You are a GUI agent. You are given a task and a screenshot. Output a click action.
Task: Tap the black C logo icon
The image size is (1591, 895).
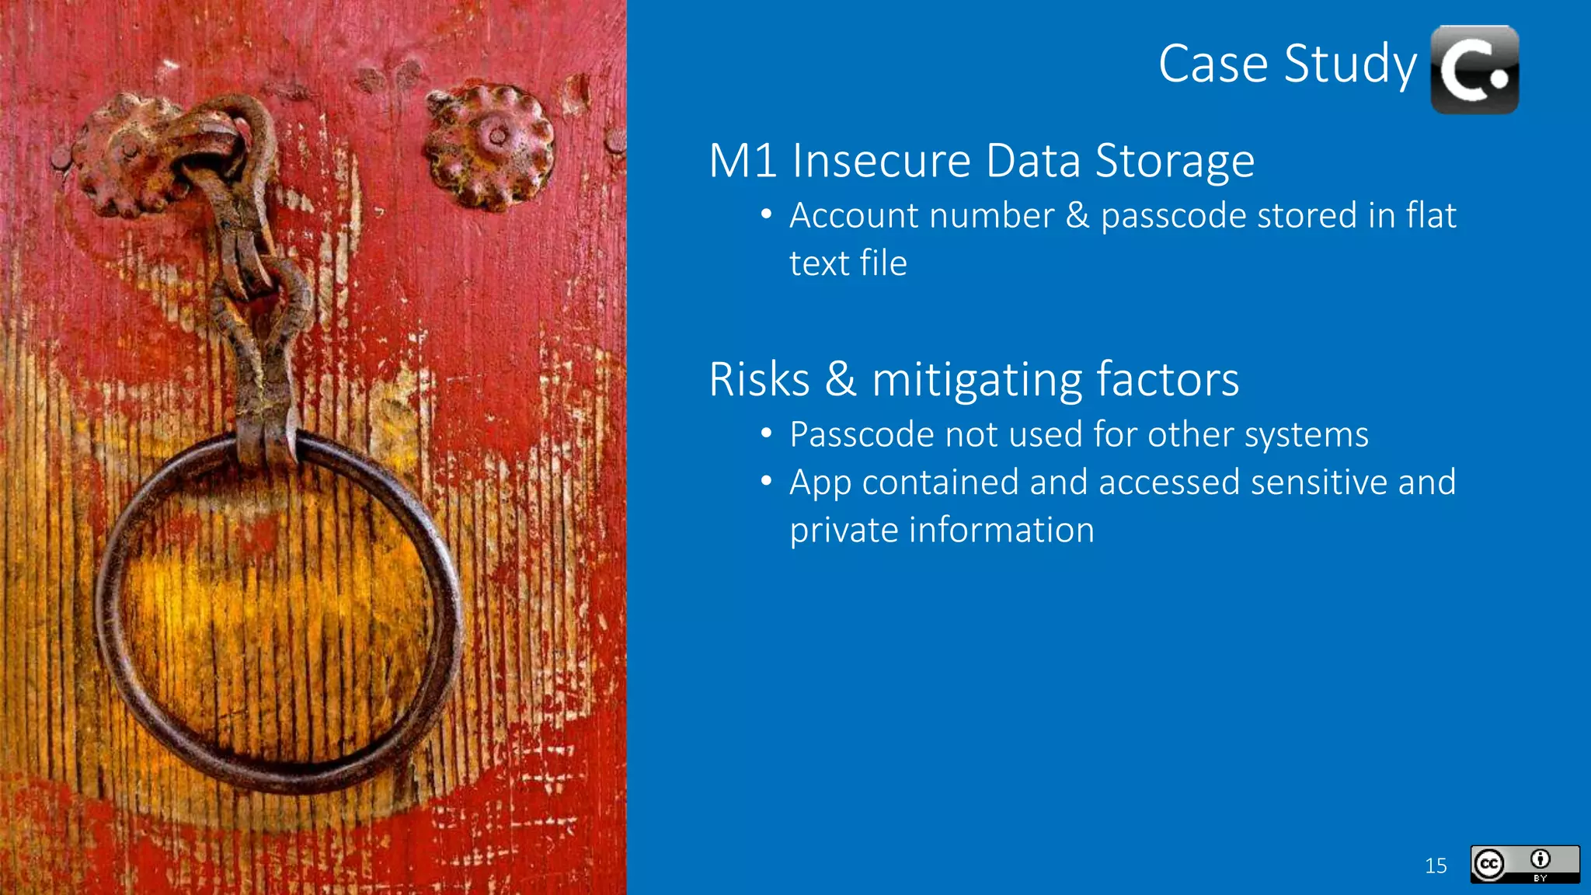(x=1474, y=70)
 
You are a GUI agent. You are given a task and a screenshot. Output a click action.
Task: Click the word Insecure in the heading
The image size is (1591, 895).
(x=881, y=161)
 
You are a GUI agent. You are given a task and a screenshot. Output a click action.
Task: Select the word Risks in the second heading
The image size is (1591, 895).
(x=759, y=380)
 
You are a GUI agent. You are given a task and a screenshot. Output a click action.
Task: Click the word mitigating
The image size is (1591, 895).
(x=976, y=381)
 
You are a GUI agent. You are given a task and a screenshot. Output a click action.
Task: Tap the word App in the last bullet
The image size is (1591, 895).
(x=820, y=483)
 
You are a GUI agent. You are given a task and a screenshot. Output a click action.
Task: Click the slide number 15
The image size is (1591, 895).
(x=1436, y=865)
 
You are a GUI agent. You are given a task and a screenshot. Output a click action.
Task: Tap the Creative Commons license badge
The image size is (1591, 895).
(x=1524, y=864)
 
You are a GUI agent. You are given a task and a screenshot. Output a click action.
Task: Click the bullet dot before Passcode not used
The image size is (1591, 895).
(x=766, y=434)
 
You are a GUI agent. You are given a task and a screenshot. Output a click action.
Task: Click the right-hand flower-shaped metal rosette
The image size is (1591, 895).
(x=490, y=145)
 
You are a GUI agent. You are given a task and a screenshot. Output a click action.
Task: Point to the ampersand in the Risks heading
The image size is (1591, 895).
(x=840, y=380)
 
